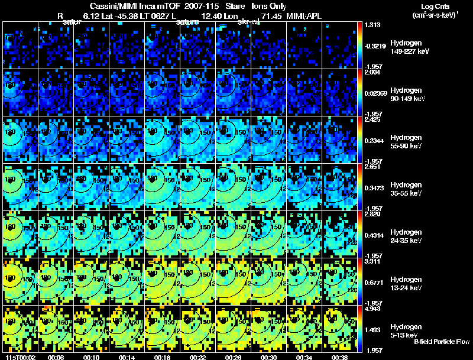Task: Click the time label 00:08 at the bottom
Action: tap(57, 357)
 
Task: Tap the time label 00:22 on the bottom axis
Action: tap(198, 357)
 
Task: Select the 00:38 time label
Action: tap(339, 357)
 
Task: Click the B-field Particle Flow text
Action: tap(442, 342)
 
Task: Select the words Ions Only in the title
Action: tap(269, 6)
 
